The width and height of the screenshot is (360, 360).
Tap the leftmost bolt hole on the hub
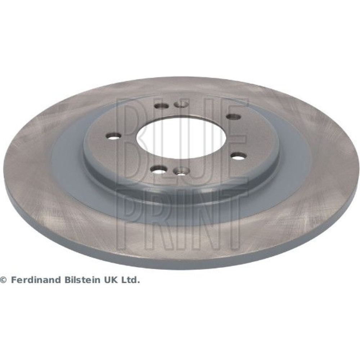113,136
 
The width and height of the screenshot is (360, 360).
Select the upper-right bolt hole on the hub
233,117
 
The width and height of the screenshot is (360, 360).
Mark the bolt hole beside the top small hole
162,106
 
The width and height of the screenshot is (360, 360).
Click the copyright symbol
4,280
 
